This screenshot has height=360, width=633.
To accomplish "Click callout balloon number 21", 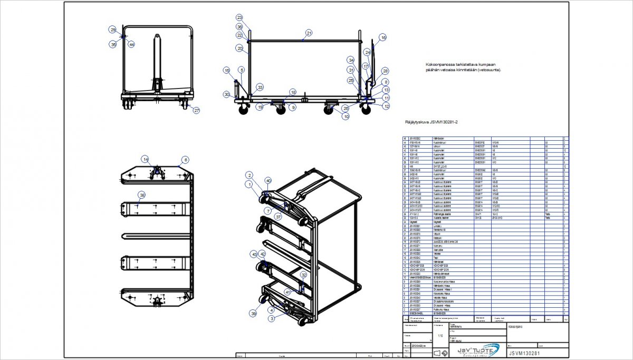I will [309, 33].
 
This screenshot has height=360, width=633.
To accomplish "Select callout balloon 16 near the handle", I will [383, 37].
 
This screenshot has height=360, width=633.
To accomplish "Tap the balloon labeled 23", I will [239, 17].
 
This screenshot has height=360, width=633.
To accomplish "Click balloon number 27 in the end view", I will [197, 111].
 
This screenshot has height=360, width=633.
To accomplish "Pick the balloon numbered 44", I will [131, 45].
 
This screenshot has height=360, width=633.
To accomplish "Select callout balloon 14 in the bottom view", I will [145, 159].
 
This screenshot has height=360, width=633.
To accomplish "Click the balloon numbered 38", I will [141, 195].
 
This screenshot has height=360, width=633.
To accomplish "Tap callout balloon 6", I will [185, 159].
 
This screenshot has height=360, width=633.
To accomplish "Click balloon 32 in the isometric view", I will [303, 275].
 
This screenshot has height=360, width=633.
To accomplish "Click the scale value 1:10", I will [440, 335].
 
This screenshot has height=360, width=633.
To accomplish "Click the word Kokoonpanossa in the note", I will [439, 64].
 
